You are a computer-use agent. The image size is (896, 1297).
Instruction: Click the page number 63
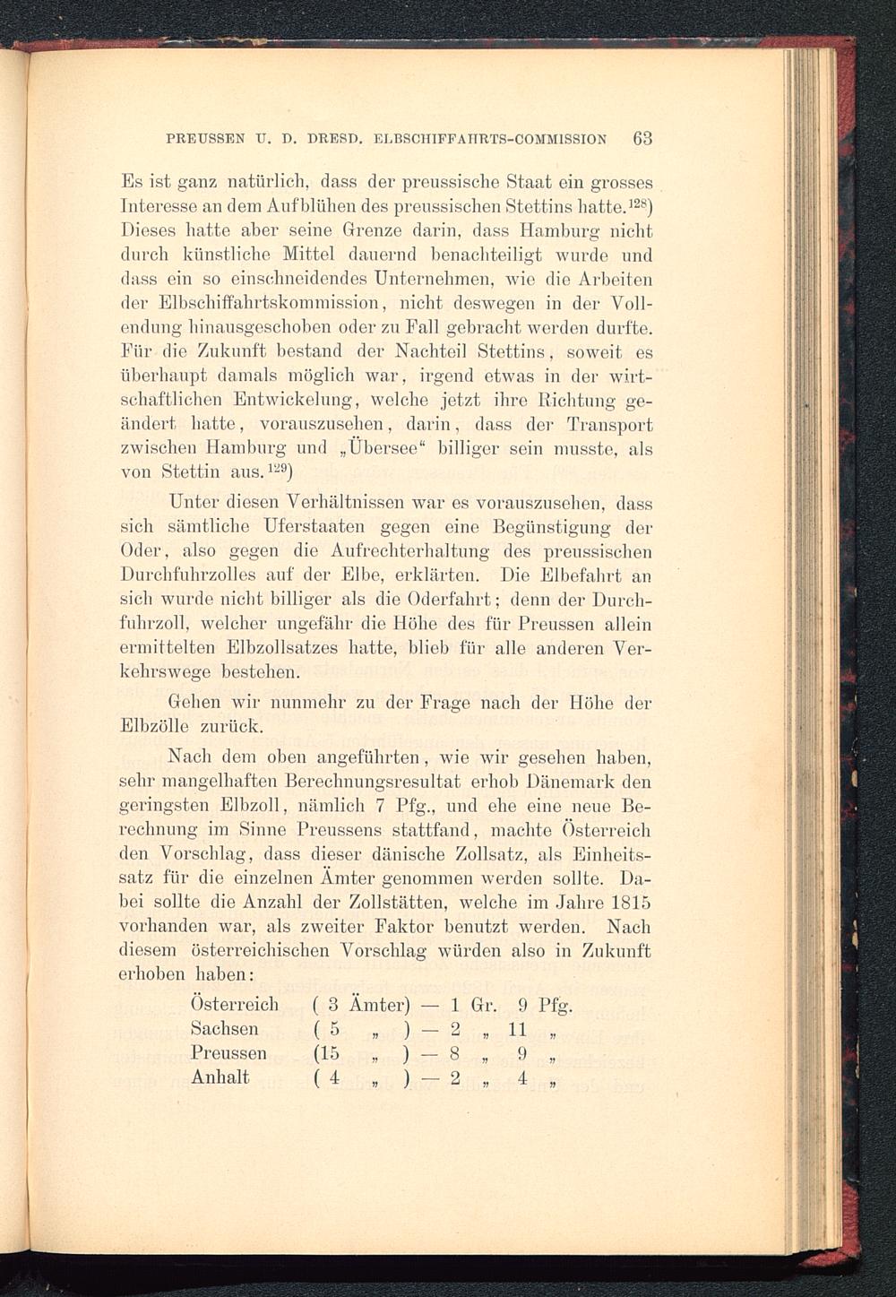coord(642,139)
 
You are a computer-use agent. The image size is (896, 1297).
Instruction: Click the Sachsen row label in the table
coord(224,1028)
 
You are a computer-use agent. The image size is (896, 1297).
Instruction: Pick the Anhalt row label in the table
coord(220,1077)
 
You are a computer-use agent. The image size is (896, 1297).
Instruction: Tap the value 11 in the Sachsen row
coord(517,1028)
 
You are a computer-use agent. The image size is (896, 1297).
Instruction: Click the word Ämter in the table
coord(376,1004)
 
